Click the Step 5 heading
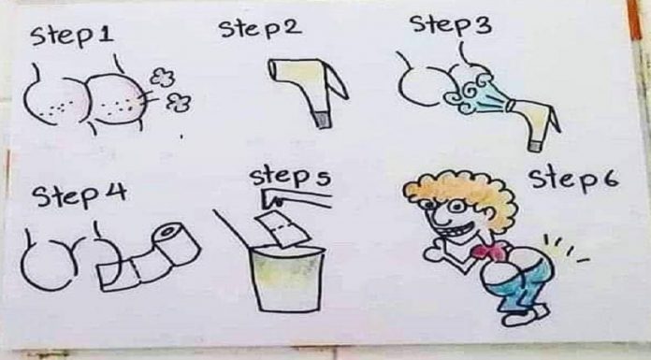[x=290, y=177]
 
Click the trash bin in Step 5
[x=284, y=276]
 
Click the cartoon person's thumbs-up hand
[x=433, y=251]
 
